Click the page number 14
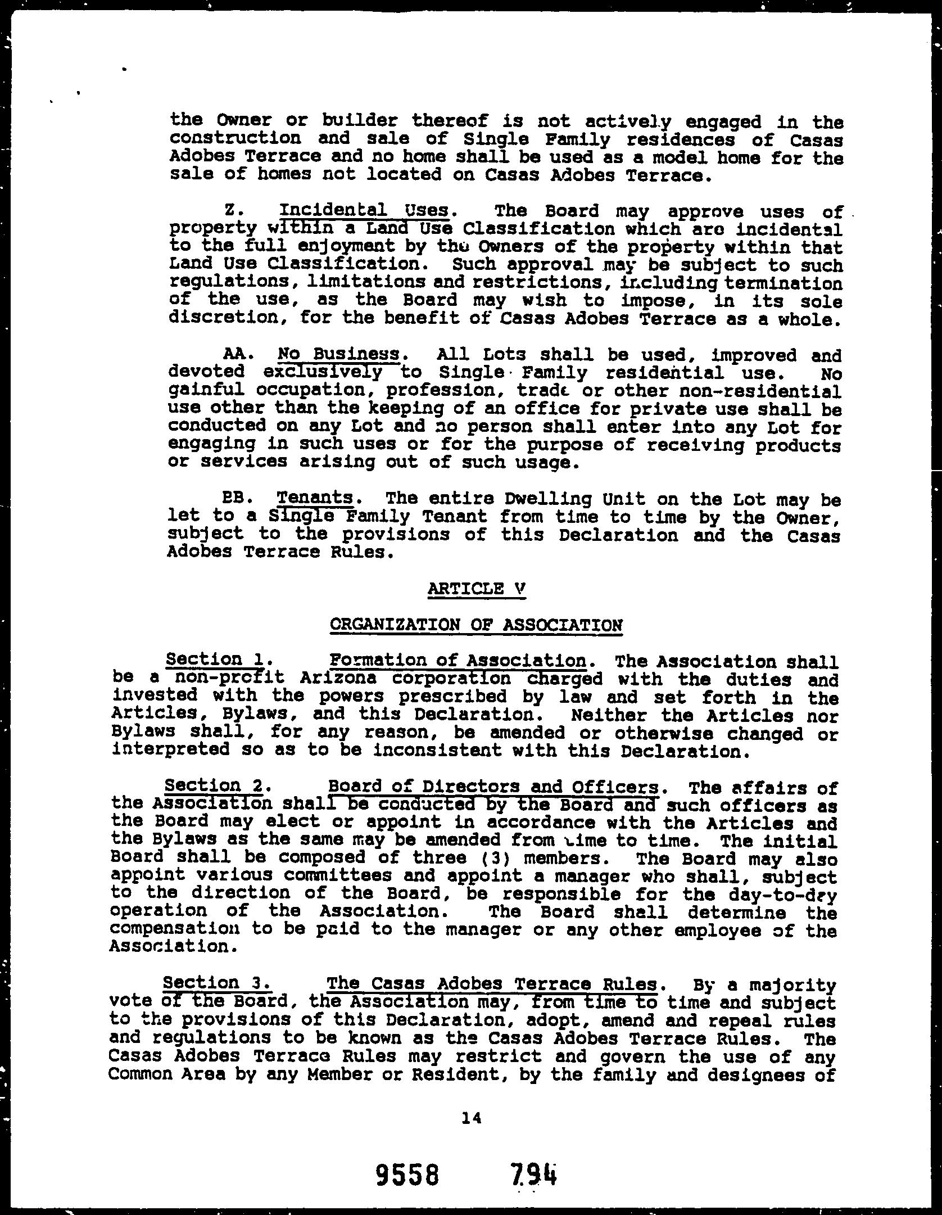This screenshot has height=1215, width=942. tap(471, 1119)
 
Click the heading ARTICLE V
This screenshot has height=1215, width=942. tap(476, 589)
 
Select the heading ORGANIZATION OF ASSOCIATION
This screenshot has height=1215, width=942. tap(476, 625)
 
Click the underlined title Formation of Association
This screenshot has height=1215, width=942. tap(457, 660)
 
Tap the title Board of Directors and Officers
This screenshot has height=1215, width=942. tap(492, 786)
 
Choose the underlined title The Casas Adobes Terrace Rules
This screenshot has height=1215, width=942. tap(491, 984)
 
